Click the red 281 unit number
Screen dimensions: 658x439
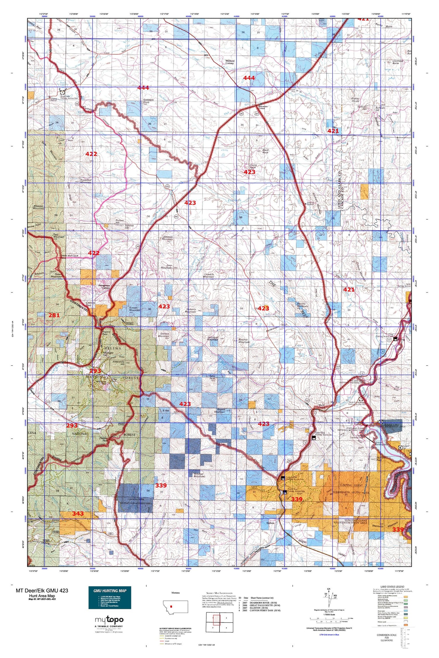coord(54,315)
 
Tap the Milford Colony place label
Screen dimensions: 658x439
coord(229,62)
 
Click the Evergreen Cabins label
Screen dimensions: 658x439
coord(104,287)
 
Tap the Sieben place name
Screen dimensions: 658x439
coord(270,523)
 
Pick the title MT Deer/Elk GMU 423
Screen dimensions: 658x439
coord(42,590)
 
